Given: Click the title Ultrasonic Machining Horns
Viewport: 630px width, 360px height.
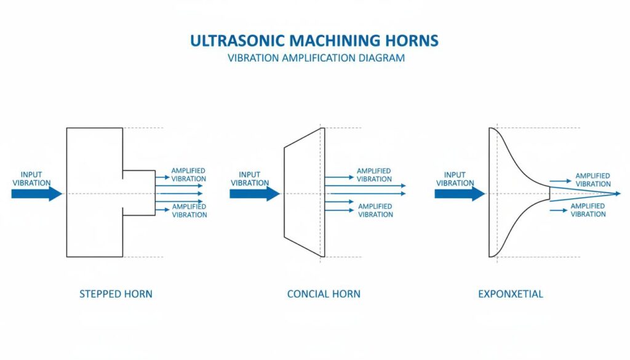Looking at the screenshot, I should pos(314,41).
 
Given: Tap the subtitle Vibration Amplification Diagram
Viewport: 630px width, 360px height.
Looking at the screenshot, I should pos(316,58).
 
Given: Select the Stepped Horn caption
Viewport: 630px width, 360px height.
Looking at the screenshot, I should pos(116,294).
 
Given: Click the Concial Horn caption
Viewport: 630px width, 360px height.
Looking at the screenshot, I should pos(324,294).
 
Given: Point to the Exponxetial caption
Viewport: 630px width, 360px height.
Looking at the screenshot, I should pos(511,294).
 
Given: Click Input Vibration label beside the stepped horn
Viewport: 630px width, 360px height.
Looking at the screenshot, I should pos(31,178).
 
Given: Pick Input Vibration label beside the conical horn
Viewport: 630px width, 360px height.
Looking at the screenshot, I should pos(250,178).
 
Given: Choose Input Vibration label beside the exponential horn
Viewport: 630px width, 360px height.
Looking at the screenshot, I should pos(455,178).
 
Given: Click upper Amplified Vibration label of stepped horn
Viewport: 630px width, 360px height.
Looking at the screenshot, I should pos(188,175).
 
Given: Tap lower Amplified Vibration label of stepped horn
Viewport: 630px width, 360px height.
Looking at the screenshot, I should pos(189,210).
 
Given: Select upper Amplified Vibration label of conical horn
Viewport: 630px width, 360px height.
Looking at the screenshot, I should pos(374,175).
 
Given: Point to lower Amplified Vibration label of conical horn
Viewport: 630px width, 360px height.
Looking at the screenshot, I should pos(375,210).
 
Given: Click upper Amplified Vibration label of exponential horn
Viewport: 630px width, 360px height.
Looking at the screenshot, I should pos(592,180).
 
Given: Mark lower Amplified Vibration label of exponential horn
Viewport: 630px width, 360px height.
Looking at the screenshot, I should pos(588,210).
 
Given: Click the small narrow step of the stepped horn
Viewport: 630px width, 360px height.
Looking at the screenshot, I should pos(139,193).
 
